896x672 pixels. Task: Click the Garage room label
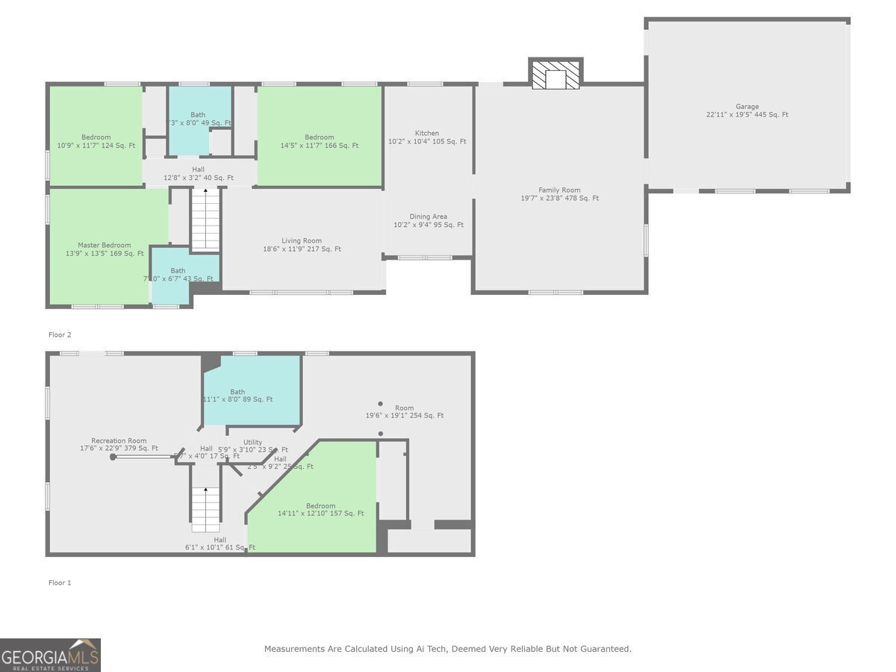click(x=747, y=111)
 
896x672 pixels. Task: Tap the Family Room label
click(x=559, y=194)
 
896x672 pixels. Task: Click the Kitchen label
click(x=427, y=137)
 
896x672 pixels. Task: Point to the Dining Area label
click(x=429, y=221)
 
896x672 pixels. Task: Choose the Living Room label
click(x=302, y=245)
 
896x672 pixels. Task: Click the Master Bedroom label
click(x=105, y=249)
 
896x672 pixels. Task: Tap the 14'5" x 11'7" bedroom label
click(x=319, y=141)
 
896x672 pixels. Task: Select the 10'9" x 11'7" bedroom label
click(x=96, y=141)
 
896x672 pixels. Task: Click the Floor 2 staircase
click(x=205, y=220)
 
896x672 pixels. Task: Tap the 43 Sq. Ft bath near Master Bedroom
click(x=178, y=275)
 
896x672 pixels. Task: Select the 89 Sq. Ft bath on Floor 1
click(x=237, y=396)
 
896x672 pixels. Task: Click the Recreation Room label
click(x=119, y=444)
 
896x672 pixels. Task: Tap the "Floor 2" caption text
click(x=60, y=335)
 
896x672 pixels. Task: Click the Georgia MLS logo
click(x=50, y=655)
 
